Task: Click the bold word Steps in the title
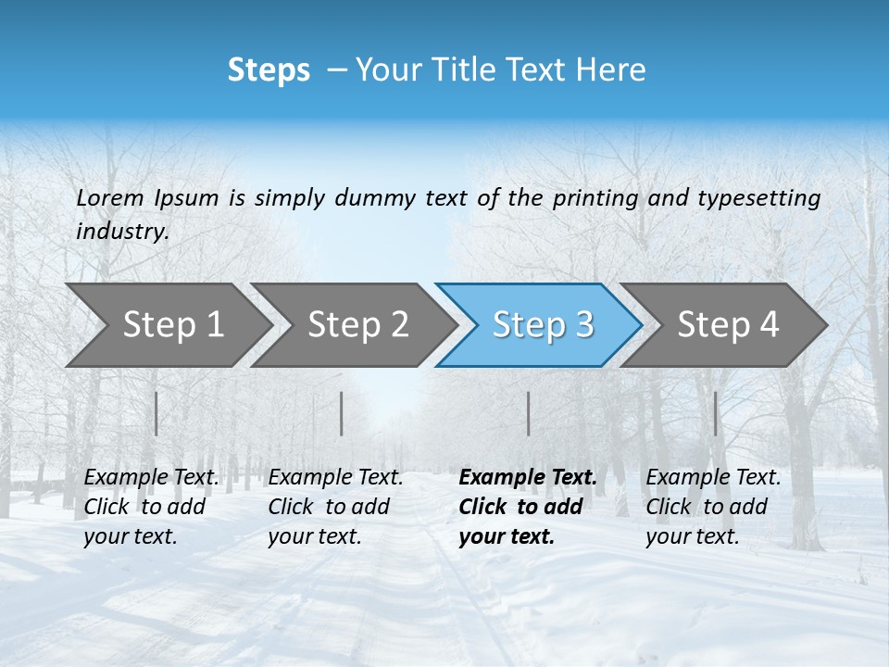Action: [269, 70]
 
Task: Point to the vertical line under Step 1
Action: [157, 413]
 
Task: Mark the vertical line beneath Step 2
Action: [342, 413]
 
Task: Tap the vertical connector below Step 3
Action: [528, 413]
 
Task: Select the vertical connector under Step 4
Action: [715, 413]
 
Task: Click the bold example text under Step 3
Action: [527, 507]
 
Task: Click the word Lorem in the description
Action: [110, 198]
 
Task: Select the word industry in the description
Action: [121, 232]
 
